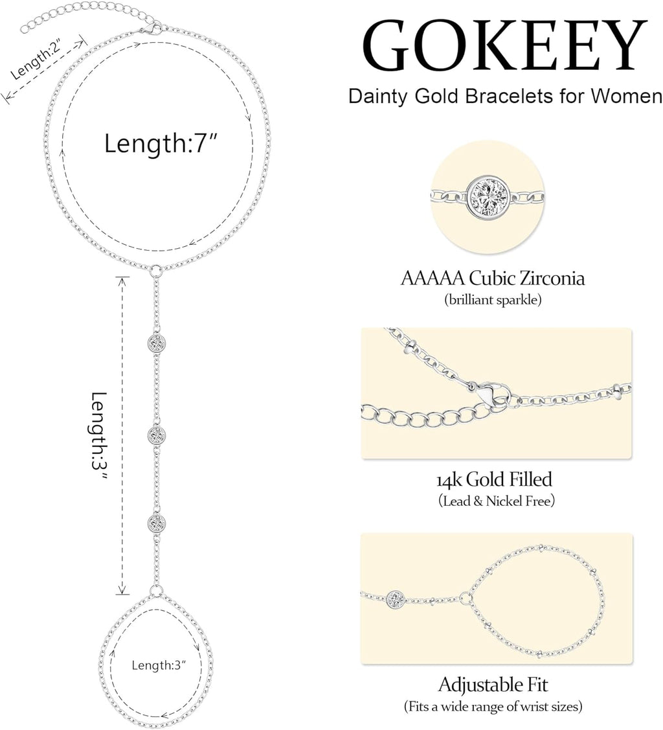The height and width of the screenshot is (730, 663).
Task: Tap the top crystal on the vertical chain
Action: tap(156, 342)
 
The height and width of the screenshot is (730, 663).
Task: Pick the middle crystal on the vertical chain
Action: tap(156, 434)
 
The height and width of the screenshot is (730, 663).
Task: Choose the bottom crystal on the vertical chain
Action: tap(156, 522)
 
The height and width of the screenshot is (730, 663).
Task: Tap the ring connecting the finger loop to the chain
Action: tap(156, 590)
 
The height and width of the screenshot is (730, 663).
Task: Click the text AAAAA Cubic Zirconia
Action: tap(493, 279)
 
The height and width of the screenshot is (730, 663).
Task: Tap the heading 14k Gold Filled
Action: tap(493, 480)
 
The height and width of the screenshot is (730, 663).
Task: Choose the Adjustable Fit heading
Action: tap(493, 685)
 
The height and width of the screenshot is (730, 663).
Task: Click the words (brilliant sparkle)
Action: tap(493, 301)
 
